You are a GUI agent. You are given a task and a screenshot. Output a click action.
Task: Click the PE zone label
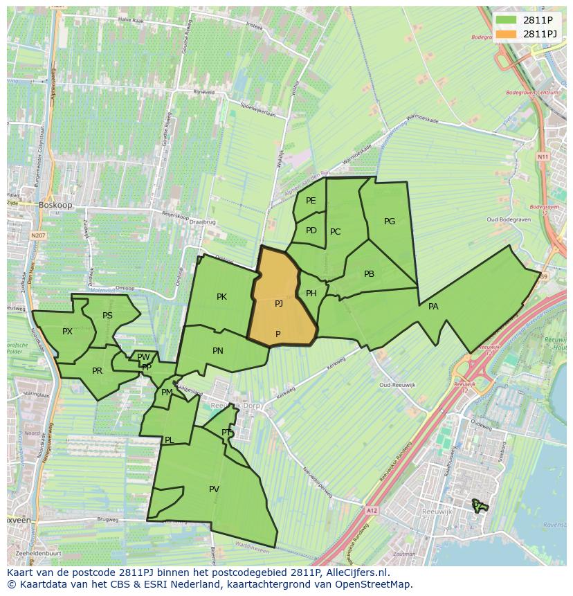pos(311,201)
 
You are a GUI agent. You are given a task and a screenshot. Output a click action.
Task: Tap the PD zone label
pos(311,231)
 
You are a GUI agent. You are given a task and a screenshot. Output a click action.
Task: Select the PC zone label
pos(335,232)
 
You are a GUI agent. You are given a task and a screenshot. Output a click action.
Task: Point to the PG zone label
pos(390,222)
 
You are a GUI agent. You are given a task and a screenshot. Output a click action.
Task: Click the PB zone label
pos(369,274)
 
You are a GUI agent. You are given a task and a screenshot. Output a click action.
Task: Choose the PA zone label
pos(433,306)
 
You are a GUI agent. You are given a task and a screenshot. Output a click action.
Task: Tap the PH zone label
pos(311,294)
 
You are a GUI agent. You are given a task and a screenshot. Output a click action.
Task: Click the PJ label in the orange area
pos(278,303)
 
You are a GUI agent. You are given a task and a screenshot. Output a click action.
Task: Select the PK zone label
pos(221,297)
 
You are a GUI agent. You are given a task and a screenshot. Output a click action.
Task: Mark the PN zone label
pos(218,351)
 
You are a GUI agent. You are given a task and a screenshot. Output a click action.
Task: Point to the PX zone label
pos(67,332)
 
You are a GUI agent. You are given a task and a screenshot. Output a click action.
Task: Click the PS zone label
pos(107,316)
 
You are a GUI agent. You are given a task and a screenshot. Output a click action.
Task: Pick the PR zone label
pos(97,371)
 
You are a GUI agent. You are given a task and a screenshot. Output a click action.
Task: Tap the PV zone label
pos(214,489)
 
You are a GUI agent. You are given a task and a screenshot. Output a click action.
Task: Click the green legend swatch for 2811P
pos(506,20)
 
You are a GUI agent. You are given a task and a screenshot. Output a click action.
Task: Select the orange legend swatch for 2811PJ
pos(506,34)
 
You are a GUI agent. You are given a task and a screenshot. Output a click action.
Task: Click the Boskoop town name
pos(55,206)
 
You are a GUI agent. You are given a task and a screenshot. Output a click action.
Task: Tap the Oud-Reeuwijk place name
pos(396,385)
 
